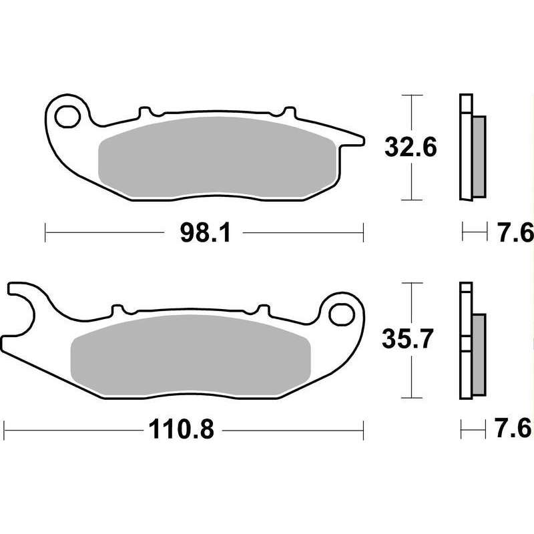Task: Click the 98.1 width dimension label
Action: [x=206, y=232]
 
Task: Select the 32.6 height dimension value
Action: [x=411, y=148]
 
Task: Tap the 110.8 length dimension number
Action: [x=181, y=429]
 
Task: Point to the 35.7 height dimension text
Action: [x=407, y=339]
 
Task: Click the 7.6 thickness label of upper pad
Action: [x=515, y=232]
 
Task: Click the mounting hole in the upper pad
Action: [x=67, y=117]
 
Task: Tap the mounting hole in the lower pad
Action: [x=341, y=314]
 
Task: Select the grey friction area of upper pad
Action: [x=218, y=158]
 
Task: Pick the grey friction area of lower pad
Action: [x=191, y=355]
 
